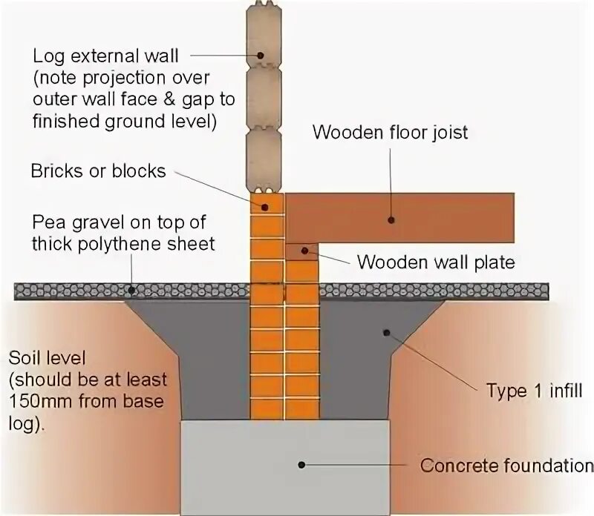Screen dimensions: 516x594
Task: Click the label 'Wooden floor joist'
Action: pos(390,133)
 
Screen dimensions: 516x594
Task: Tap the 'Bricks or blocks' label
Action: pos(98,171)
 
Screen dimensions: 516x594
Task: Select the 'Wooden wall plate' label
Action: pos(435,262)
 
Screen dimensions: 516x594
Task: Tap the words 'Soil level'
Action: pos(47,357)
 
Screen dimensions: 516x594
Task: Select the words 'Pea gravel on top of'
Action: pos(118,222)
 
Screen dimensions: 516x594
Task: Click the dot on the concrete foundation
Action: pos(301,465)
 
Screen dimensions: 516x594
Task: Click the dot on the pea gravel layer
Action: pos(131,291)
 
